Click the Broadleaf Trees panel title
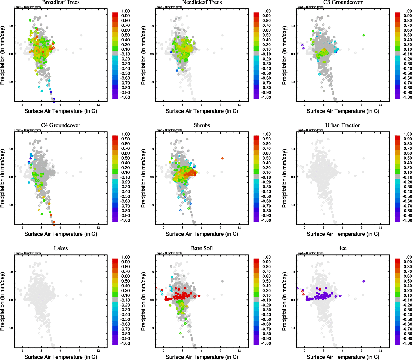pos(61,2)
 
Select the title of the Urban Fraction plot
pos(343,125)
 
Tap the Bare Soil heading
pos(202,248)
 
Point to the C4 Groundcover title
pos(61,125)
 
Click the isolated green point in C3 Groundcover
pos(363,35)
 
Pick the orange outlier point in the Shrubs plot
pos(222,158)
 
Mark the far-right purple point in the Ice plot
pos(363,281)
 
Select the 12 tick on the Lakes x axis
pos(98,351)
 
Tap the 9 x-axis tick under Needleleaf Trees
pos(220,105)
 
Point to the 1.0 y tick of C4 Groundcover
pos(11,149)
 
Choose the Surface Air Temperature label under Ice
pos(343,357)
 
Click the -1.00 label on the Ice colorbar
pos(408,343)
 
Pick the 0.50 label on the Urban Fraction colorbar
pos(408,158)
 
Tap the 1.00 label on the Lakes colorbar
pos(125,257)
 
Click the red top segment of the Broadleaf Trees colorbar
pos(115,15)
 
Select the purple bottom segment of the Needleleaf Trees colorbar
pos(256,97)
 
